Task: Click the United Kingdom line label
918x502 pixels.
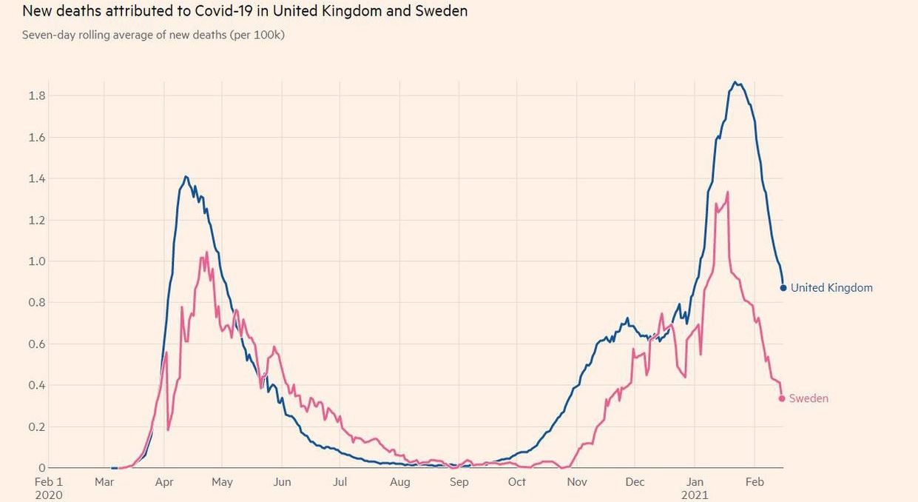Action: tap(831, 288)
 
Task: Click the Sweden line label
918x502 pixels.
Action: tap(809, 398)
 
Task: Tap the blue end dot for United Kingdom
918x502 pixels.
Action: tap(783, 287)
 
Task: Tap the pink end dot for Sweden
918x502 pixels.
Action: tap(782, 398)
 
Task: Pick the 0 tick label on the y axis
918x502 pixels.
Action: tap(41, 468)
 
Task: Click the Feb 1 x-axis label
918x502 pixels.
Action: tap(49, 482)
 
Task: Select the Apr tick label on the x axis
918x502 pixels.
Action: tap(164, 482)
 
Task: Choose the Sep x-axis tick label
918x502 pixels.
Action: tap(459, 482)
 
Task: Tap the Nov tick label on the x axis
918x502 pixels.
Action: tap(577, 482)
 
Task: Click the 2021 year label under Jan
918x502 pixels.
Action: tap(695, 495)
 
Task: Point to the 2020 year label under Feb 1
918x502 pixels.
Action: tap(49, 495)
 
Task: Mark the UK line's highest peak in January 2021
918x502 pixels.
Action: tap(735, 82)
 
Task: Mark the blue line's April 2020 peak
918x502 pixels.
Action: tap(186, 176)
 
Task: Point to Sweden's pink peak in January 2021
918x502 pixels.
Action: tap(728, 192)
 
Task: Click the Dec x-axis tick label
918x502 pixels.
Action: tap(635, 482)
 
